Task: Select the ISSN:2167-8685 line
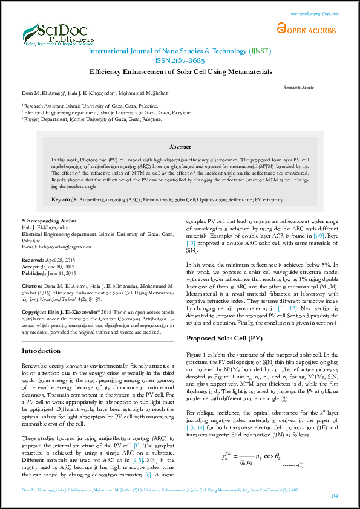tap(180, 60)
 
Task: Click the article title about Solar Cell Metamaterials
tap(180, 71)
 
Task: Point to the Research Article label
tap(299, 88)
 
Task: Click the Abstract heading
tap(180, 147)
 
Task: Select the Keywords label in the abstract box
tap(64, 199)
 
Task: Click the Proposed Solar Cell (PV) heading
tap(224, 338)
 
